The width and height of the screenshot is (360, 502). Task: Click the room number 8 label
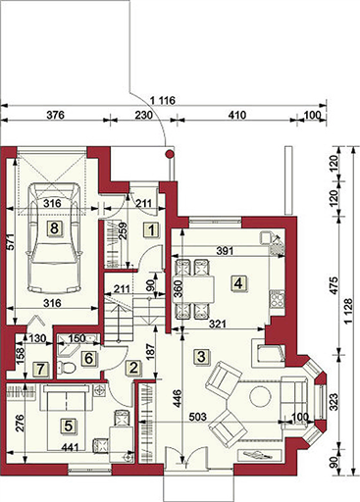[54, 227]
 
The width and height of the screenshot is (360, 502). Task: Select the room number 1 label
[151, 230]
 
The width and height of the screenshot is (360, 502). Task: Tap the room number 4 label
[238, 283]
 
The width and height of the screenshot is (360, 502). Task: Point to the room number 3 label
[201, 356]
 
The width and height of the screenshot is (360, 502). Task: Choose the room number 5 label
[68, 426]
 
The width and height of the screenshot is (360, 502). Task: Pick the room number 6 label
[88, 358]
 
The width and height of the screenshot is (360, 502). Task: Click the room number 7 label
[40, 370]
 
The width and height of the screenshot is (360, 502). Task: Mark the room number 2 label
[133, 368]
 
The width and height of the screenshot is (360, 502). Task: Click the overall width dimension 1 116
[163, 101]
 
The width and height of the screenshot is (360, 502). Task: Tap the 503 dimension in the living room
[198, 417]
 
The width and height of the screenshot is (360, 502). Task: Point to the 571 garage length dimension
[10, 242]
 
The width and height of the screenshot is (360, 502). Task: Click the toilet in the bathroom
[66, 368]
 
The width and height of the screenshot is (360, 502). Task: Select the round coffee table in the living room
[260, 396]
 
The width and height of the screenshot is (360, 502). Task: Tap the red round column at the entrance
[170, 154]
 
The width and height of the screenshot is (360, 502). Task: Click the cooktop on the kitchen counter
[277, 299]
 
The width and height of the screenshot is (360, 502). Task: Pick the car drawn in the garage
[54, 237]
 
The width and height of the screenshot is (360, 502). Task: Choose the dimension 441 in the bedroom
[70, 447]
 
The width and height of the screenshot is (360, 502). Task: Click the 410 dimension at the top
[237, 115]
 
